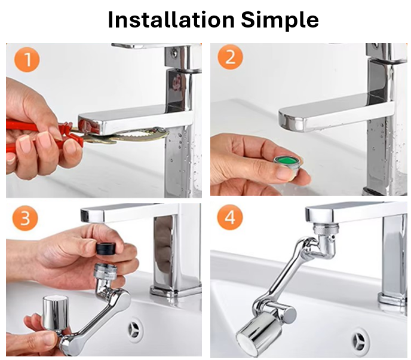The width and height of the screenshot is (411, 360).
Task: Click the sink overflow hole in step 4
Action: pyautogui.click(x=360, y=340)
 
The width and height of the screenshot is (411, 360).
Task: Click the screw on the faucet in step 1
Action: pyautogui.click(x=174, y=54)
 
